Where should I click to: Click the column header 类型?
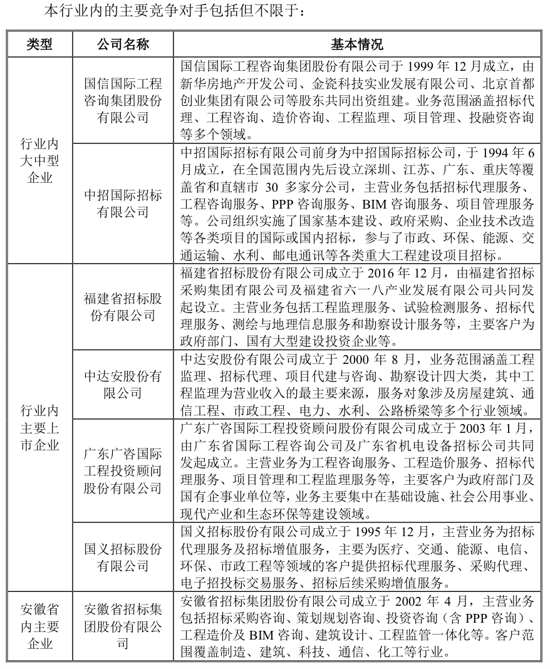tap(39, 44)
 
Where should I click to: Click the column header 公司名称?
tap(123, 44)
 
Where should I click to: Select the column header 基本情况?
tap(356, 44)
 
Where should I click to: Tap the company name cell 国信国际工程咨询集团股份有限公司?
tap(123, 100)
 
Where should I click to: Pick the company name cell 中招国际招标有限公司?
tap(123, 203)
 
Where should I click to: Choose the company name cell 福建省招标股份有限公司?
tap(123, 306)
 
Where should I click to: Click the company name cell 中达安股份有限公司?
tap(123, 384)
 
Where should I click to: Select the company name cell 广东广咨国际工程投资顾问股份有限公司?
tap(123, 470)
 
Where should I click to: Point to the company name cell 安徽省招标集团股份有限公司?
tap(123, 626)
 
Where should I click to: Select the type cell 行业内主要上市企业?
tap(39, 427)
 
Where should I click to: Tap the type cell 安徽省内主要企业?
tap(39, 626)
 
